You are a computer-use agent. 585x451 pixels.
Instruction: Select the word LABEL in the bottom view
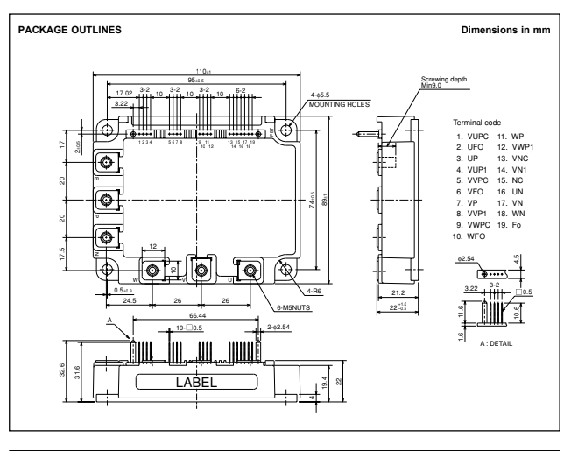[x=200, y=382]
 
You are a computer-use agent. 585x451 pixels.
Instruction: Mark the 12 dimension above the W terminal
[x=152, y=248]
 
